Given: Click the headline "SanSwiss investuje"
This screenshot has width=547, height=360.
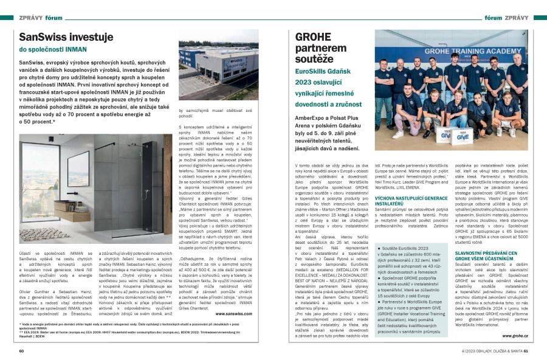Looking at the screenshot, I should click(x=66, y=37).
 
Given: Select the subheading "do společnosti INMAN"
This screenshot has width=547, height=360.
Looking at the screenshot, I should click(x=53, y=50).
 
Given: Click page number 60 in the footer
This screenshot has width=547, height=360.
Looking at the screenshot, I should click(x=22, y=350).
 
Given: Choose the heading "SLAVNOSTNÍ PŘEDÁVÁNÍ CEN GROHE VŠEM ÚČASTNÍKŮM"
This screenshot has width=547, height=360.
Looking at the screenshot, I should click(x=487, y=255).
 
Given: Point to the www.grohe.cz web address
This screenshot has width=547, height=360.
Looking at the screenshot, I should click(x=514, y=335).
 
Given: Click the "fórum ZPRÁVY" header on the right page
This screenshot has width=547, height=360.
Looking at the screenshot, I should click(x=506, y=19).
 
